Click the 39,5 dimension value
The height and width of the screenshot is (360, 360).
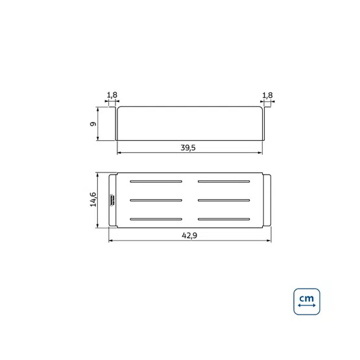[x=188, y=148]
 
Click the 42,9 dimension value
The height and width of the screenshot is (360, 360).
[x=189, y=235]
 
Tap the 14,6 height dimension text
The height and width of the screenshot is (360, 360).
[x=93, y=200]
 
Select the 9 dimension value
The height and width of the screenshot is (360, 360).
[x=93, y=124]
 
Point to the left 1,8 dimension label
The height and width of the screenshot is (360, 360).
[x=112, y=95]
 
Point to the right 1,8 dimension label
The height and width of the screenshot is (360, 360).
[x=267, y=95]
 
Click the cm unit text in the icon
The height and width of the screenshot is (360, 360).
[x=307, y=298]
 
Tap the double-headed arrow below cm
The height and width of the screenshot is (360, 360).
[x=307, y=306]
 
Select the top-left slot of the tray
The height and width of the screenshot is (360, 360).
[x=156, y=182]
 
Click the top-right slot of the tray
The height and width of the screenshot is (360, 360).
[x=224, y=182]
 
